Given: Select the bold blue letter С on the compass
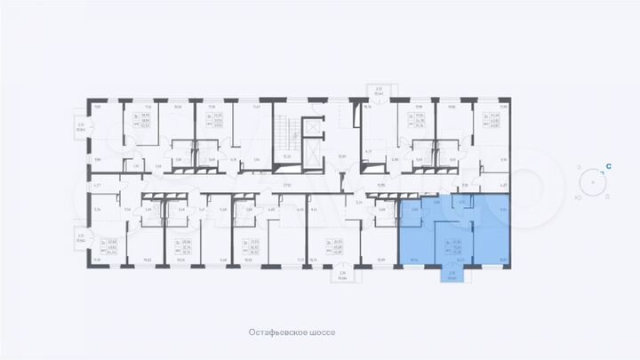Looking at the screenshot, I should [x=608, y=165].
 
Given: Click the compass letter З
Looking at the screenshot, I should [x=579, y=167].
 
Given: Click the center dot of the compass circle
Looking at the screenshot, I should [x=593, y=182].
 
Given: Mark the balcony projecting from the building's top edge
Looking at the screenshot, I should [x=378, y=90].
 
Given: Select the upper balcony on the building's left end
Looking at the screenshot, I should [x=81, y=127].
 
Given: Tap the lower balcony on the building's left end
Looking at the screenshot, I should [x=81, y=238].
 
